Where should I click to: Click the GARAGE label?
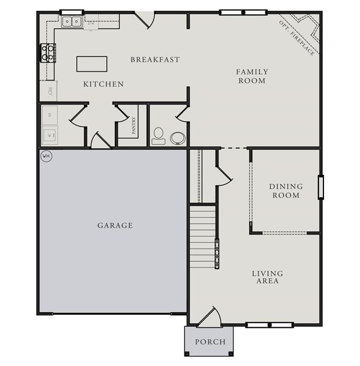115,225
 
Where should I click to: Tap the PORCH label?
210,342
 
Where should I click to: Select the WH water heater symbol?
46,156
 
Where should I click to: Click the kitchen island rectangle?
92,64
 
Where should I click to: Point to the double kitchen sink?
71,22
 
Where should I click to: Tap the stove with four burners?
48,53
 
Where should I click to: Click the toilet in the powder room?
159,136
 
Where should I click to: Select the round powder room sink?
178,138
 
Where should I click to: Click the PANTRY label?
133,125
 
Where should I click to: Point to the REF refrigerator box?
48,91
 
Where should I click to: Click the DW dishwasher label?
91,23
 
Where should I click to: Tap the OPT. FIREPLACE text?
297,38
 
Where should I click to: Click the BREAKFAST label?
155,60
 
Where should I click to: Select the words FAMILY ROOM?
252,76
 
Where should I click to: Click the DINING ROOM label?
286,191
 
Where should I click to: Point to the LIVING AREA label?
268,277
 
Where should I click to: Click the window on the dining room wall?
321,187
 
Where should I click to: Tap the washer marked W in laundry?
49,135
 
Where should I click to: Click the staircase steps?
202,237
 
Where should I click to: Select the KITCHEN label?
103,84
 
